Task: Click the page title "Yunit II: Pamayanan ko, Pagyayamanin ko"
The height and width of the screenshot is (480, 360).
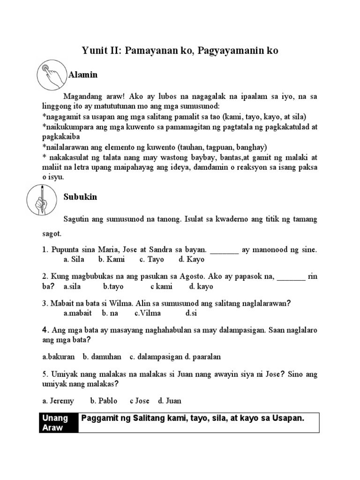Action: [180, 51]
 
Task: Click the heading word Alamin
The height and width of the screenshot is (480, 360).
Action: [83, 75]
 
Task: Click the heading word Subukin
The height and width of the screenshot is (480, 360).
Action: [80, 197]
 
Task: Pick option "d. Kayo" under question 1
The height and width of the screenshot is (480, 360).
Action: [191, 259]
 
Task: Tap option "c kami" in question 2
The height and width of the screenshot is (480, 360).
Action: [161, 286]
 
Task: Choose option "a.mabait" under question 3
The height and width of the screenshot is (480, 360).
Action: [77, 313]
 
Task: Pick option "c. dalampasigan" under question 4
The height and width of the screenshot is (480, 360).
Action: [156, 357]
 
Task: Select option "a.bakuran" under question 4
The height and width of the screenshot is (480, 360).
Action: [59, 357]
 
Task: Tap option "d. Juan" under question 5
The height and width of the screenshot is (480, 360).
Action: [170, 401]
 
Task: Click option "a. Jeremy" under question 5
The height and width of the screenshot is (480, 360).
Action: [58, 401]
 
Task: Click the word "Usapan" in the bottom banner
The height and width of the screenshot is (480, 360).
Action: [287, 418]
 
